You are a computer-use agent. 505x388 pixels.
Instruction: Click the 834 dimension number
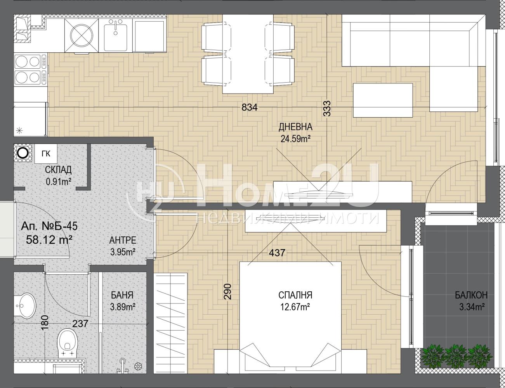[x=250, y=107]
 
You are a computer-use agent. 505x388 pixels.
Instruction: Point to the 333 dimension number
[x=327, y=108]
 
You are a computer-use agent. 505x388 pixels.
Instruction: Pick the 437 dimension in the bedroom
[x=277, y=253]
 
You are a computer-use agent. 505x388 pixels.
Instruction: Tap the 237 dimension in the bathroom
[x=80, y=324]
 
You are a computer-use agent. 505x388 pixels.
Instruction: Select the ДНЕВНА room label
[x=295, y=127]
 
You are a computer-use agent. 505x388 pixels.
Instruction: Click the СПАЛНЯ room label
[x=295, y=295]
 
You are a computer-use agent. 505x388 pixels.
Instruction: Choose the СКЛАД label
[x=58, y=170]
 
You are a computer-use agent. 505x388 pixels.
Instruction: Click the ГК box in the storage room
[x=46, y=154]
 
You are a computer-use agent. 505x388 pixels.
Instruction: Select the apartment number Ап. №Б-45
[x=49, y=226]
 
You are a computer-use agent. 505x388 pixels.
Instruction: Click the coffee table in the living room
[x=383, y=100]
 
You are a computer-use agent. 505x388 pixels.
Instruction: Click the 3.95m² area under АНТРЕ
[x=123, y=252]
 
